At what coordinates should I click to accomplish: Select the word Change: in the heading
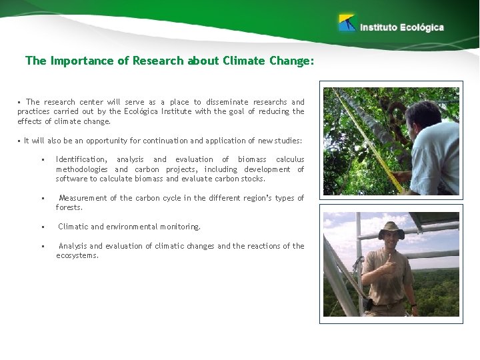pyautogui.click(x=290, y=61)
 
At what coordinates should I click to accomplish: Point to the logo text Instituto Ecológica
pyautogui.click(x=402, y=27)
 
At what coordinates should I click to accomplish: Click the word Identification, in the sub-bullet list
pyautogui.click(x=81, y=159)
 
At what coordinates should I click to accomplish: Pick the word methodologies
pyautogui.click(x=81, y=169)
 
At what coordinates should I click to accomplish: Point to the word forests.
pyautogui.click(x=69, y=207)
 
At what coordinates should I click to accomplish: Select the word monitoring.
pyautogui.click(x=179, y=227)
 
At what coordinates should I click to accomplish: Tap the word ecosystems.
pyautogui.click(x=77, y=255)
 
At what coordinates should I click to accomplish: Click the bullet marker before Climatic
pyautogui.click(x=42, y=227)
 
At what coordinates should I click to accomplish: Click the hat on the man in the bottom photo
pyautogui.click(x=391, y=229)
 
